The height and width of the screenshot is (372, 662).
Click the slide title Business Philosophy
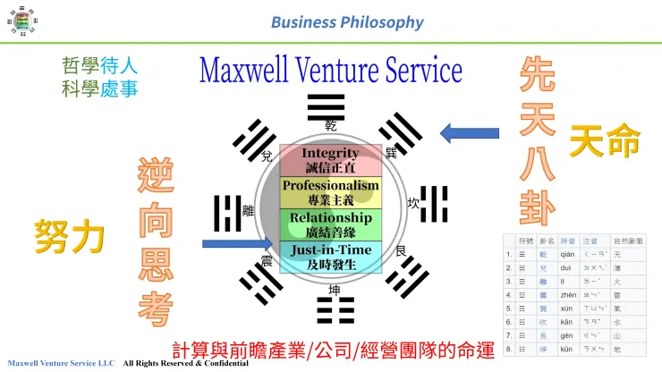tap(347, 21)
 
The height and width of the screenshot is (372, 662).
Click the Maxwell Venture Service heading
tap(331, 70)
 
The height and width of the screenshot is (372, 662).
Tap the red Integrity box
tap(330, 160)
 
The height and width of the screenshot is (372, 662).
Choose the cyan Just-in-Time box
tap(330, 257)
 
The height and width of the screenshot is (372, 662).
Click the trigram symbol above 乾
tap(327, 106)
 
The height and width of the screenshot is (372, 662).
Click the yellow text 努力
tap(70, 237)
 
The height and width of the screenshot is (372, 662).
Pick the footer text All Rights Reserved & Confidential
tap(185, 365)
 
